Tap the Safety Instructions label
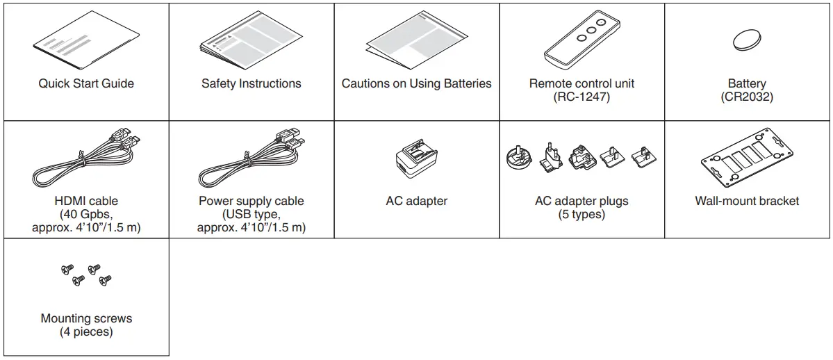[251, 83]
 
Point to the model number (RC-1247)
[582, 97]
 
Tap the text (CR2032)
[747, 97]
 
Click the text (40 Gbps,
[86, 214]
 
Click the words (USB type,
[251, 214]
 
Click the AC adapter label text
[416, 201]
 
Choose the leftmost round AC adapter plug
[520, 158]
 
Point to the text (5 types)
[582, 214]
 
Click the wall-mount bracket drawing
[747, 161]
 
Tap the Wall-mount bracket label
[747, 201]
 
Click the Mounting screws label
[86, 318]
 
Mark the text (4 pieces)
[86, 332]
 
